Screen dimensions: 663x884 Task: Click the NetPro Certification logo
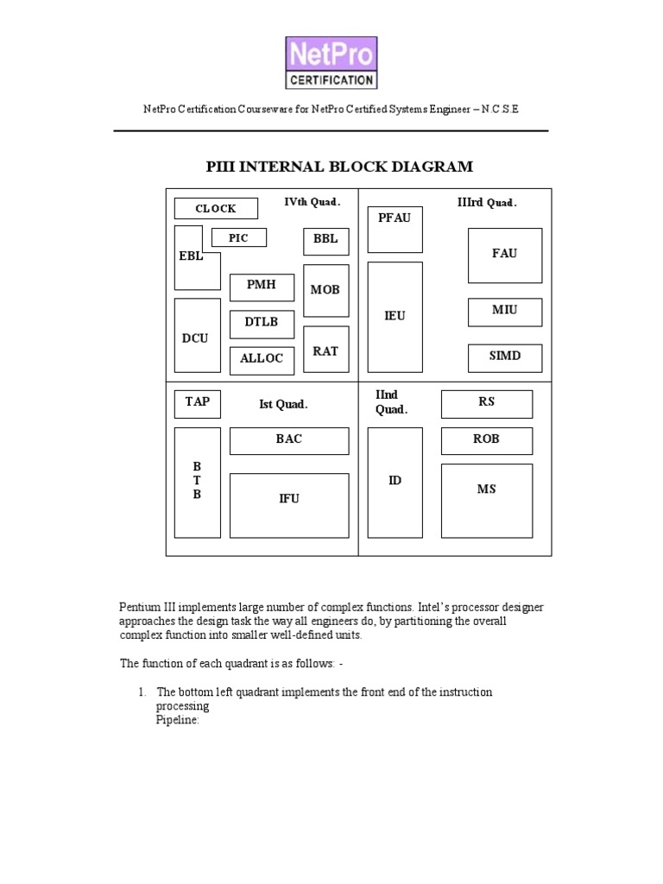tap(331, 62)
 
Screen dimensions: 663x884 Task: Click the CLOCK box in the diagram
tap(216, 208)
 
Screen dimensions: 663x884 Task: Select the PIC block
tap(238, 237)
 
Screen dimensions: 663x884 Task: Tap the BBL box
tap(325, 242)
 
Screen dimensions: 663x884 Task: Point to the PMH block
tap(262, 287)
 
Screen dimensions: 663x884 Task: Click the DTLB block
tap(262, 324)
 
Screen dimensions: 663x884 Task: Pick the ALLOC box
tap(262, 360)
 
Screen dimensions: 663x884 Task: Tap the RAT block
tap(325, 350)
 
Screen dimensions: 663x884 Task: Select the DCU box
tap(196, 337)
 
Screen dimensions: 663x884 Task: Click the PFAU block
tap(395, 229)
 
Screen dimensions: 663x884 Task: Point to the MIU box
tap(505, 312)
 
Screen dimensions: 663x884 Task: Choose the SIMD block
tap(505, 357)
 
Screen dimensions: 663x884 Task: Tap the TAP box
tap(197, 403)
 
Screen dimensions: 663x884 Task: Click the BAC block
tap(289, 440)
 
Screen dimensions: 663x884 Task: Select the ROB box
tap(486, 440)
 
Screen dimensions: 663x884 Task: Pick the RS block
tap(486, 403)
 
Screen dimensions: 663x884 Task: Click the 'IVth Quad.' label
tap(313, 202)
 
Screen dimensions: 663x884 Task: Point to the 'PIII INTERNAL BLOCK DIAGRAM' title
tap(340, 167)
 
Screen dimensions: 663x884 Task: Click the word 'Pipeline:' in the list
tap(178, 719)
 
